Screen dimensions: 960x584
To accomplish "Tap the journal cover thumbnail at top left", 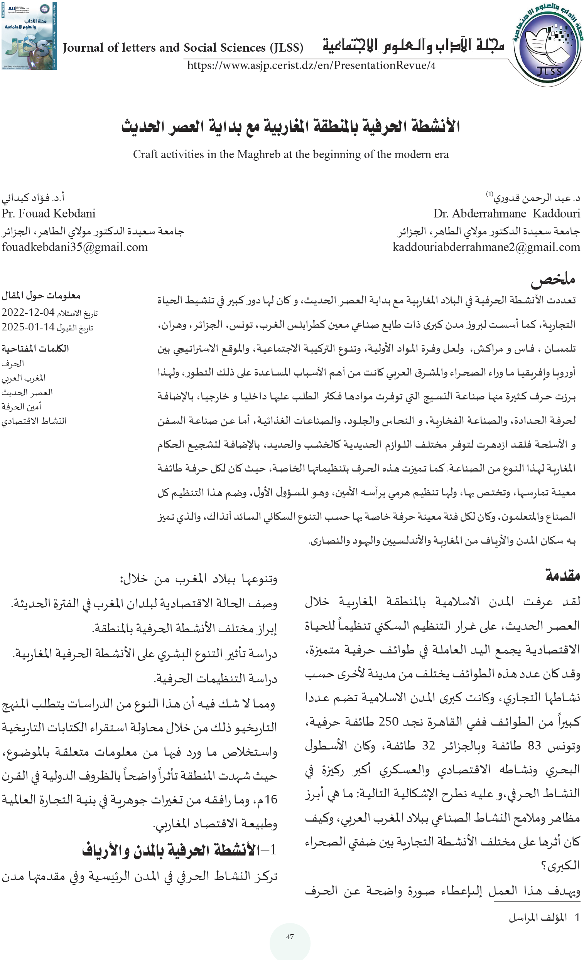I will tap(29, 36).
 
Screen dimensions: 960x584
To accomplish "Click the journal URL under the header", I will tap(311, 65).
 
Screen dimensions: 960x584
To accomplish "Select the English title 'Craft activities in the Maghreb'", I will tap(291, 154).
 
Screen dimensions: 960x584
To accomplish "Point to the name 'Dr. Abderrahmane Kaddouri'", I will tap(506, 214).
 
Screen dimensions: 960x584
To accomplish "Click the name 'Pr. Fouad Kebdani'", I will tap(49, 214).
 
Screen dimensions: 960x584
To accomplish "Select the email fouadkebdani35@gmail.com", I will tap(75, 247).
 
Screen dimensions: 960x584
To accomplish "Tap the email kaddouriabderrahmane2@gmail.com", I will tap(486, 247).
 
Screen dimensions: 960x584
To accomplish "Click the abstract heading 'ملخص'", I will tap(553, 279).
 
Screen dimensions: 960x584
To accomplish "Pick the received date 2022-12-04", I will tap(28, 312).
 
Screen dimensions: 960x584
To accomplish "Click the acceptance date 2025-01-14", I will tap(28, 327).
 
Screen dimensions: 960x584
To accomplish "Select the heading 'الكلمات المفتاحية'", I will tap(35, 348).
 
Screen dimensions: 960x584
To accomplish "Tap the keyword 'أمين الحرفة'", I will tap(22, 407).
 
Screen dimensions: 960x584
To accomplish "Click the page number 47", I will tap(290, 936).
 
